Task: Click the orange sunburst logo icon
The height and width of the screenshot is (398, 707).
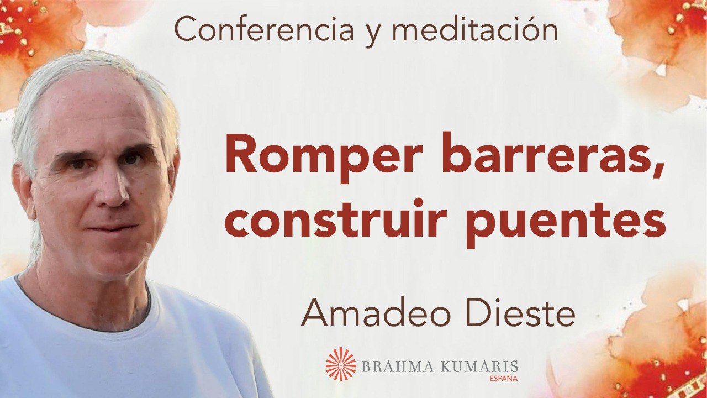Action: click(x=341, y=364)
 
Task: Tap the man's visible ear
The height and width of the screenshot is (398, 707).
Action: click(x=25, y=191)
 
